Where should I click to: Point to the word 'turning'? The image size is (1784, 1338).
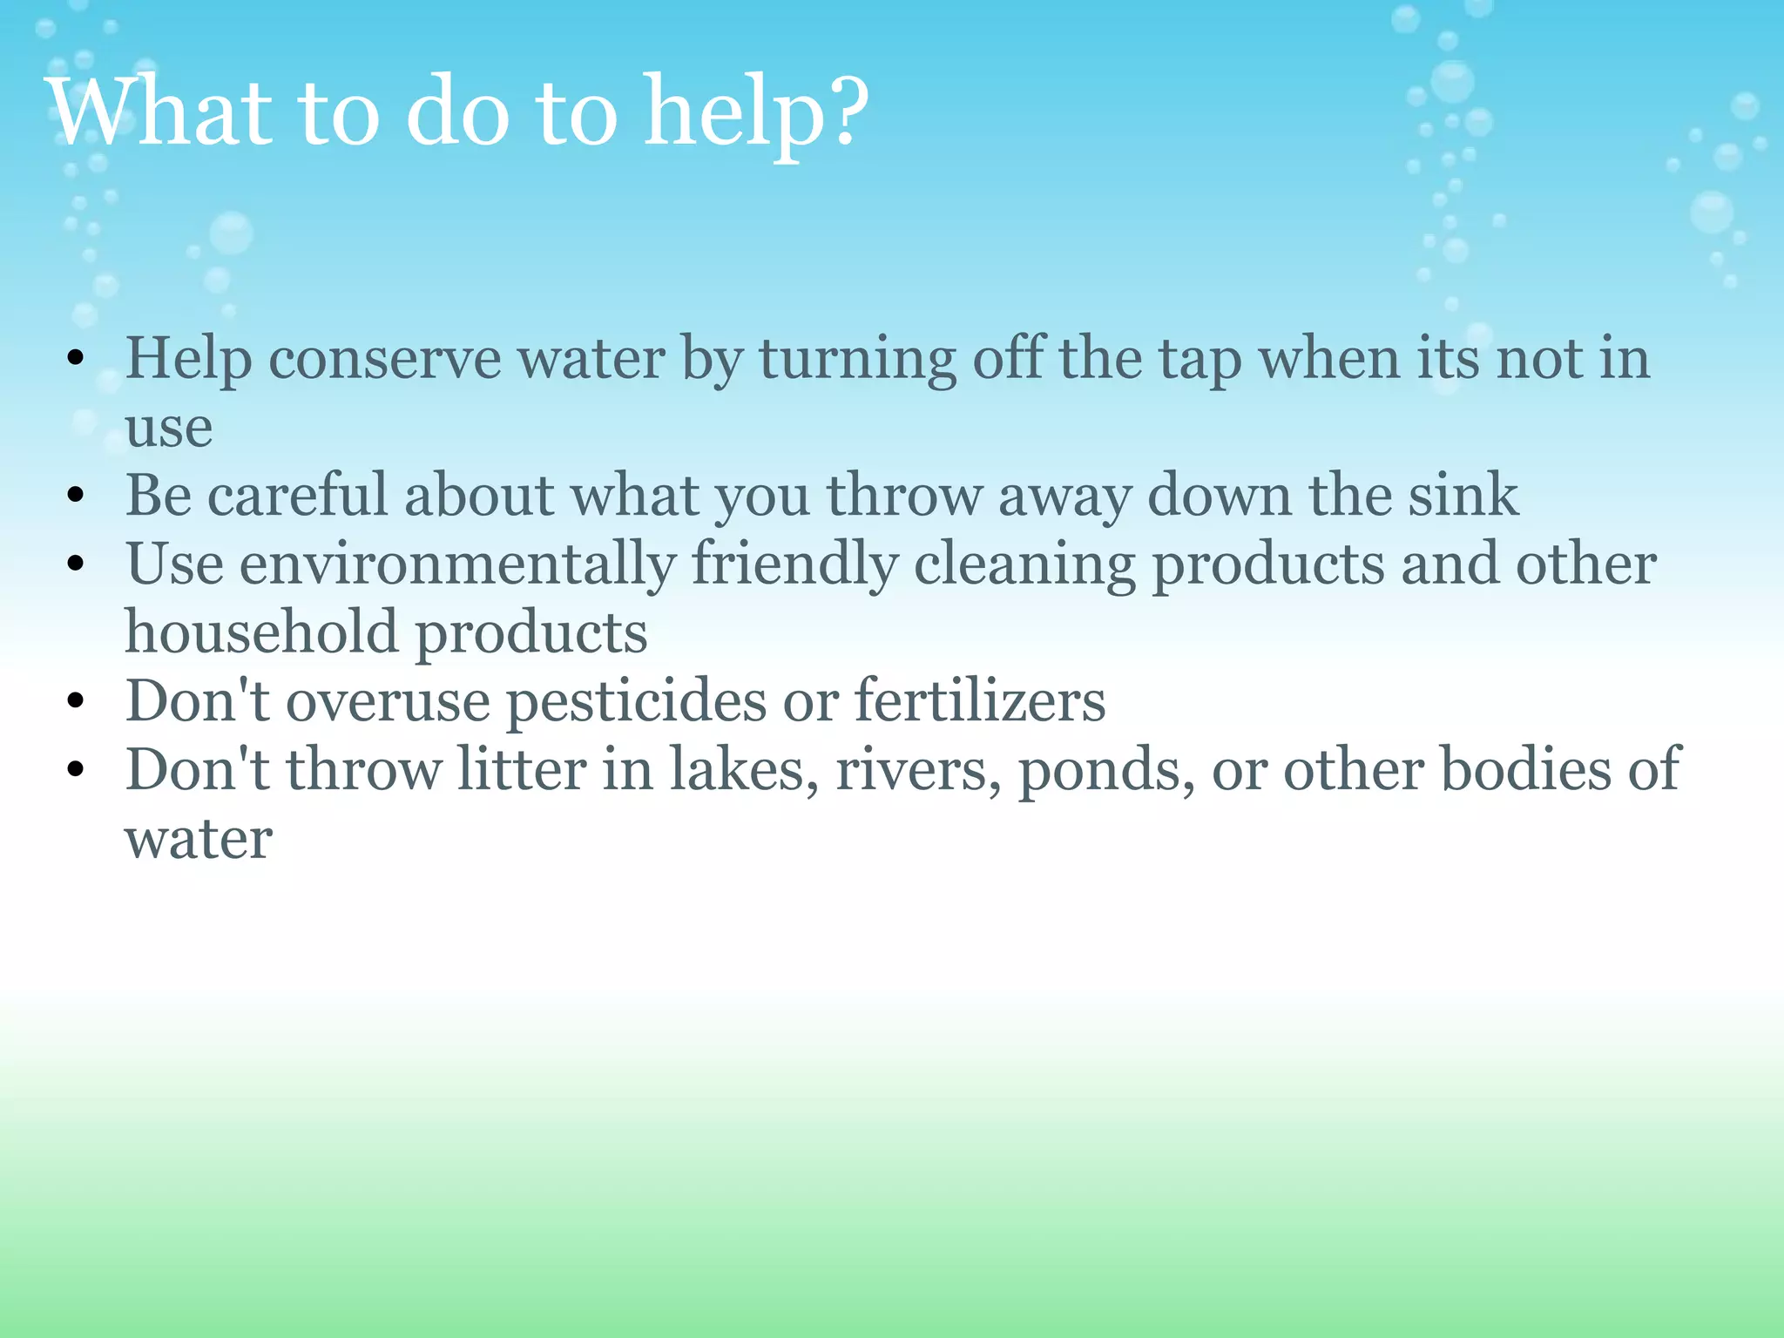tap(858, 361)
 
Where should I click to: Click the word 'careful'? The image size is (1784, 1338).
tap(297, 495)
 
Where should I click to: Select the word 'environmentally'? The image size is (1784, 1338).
tap(457, 564)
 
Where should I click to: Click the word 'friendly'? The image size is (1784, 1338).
tap(794, 564)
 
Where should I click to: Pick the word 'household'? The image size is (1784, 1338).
tap(261, 632)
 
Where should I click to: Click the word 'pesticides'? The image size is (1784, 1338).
tap(637, 702)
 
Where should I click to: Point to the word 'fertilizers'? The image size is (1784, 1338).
tap(980, 700)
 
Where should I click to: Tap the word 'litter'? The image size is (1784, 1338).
tap(522, 770)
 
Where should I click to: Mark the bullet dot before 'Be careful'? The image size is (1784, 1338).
tap(76, 496)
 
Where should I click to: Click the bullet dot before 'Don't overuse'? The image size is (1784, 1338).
tap(76, 700)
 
